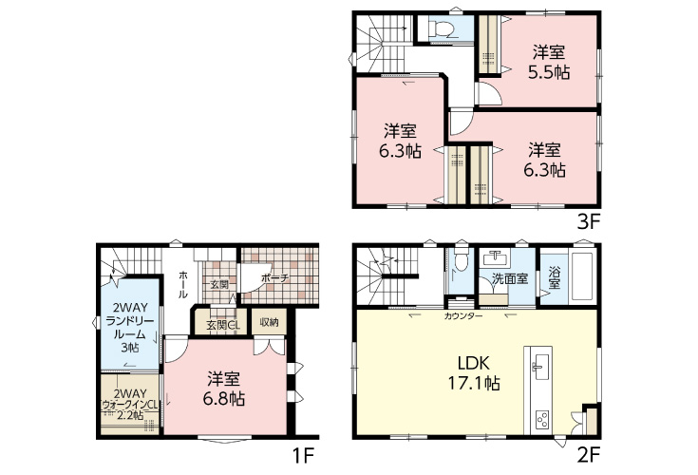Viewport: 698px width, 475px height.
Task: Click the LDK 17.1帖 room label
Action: pyautogui.click(x=474, y=373)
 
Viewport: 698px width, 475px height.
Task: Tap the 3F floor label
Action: pyautogui.click(x=589, y=221)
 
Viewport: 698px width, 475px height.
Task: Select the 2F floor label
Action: pyautogui.click(x=589, y=455)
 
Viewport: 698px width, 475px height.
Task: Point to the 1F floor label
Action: pyautogui.click(x=303, y=455)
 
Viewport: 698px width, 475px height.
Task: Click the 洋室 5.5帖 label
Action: pyautogui.click(x=549, y=63)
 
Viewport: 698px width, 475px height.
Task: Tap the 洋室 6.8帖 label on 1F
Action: pyautogui.click(x=224, y=389)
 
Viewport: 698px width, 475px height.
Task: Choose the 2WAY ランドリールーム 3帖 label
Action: pyautogui.click(x=129, y=327)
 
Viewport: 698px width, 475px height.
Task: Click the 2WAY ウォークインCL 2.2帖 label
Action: pyautogui.click(x=130, y=404)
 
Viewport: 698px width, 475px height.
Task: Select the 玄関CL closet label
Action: pyautogui.click(x=223, y=325)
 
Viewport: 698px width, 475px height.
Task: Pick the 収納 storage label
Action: pyautogui.click(x=269, y=322)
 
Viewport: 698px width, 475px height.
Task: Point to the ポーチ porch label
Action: pyautogui.click(x=275, y=277)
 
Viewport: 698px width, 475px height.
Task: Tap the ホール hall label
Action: pyautogui.click(x=183, y=284)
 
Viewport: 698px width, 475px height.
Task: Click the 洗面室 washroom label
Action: pyautogui.click(x=510, y=279)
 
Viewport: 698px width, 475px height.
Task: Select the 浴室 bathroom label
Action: pyautogui.click(x=554, y=276)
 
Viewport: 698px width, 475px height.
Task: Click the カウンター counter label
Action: pyautogui.click(x=463, y=316)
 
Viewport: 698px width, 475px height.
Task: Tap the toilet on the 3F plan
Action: pyautogui.click(x=442, y=29)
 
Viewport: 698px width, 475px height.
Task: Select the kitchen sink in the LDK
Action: pyautogui.click(x=541, y=367)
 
